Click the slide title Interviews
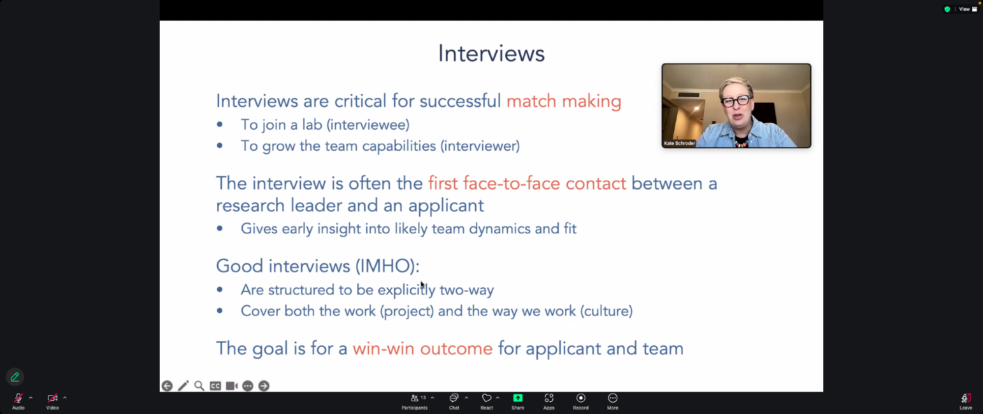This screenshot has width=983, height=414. [491, 53]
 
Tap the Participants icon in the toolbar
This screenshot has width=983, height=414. [415, 398]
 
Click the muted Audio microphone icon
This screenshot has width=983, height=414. [18, 398]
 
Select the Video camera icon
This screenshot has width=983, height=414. [52, 398]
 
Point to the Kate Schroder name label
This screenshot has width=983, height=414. [679, 143]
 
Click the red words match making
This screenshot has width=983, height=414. [564, 101]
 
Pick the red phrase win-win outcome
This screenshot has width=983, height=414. [423, 349]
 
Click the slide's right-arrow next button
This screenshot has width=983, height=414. [264, 386]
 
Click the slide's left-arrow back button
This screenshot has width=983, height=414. [167, 386]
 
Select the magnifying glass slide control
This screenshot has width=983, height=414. [199, 386]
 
